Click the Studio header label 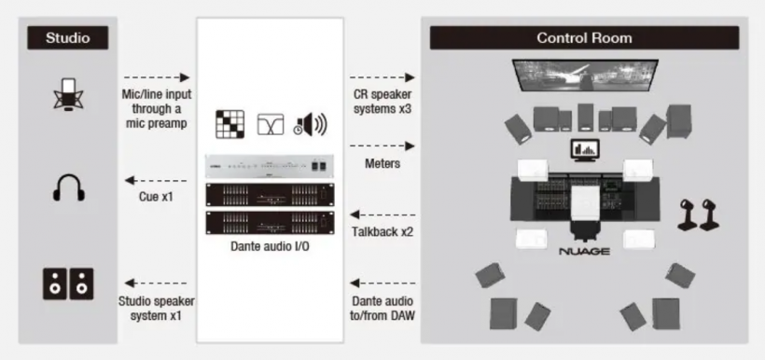[68, 38]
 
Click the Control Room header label [584, 38]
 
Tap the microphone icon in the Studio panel [68, 93]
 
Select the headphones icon [69, 188]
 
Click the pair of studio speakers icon [68, 284]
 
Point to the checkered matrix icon [229, 124]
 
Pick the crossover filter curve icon [271, 124]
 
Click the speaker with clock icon [311, 124]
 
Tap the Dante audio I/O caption [270, 246]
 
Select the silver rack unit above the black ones [270, 167]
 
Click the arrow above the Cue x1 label [156, 181]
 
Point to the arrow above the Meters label [382, 145]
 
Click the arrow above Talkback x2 [383, 215]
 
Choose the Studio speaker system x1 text [157, 309]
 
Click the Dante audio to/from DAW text [382, 309]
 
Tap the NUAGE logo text [584, 252]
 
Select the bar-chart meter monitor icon [586, 151]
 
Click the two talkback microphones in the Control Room [698, 215]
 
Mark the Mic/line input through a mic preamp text [157, 108]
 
